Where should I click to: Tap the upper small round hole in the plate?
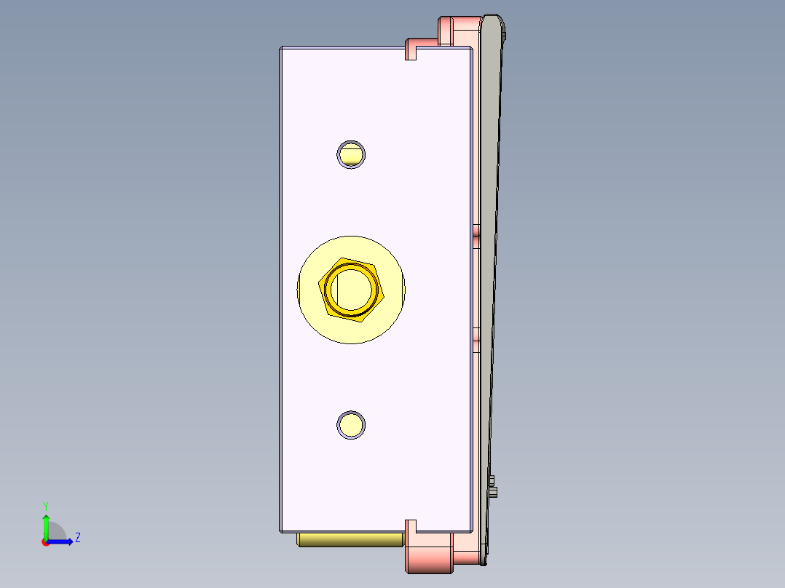point(351,154)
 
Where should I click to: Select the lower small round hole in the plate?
point(351,425)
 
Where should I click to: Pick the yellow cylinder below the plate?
point(350,539)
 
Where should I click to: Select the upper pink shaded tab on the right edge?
point(476,231)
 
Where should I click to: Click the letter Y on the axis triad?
point(45,505)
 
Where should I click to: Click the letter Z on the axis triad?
point(77,538)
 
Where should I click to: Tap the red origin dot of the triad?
point(46,542)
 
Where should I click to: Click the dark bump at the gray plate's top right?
point(504,33)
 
